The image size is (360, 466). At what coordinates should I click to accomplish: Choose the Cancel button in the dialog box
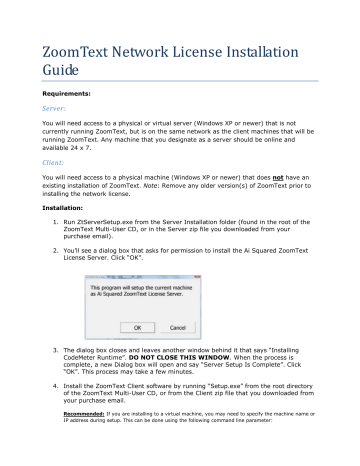tap(186, 352)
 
